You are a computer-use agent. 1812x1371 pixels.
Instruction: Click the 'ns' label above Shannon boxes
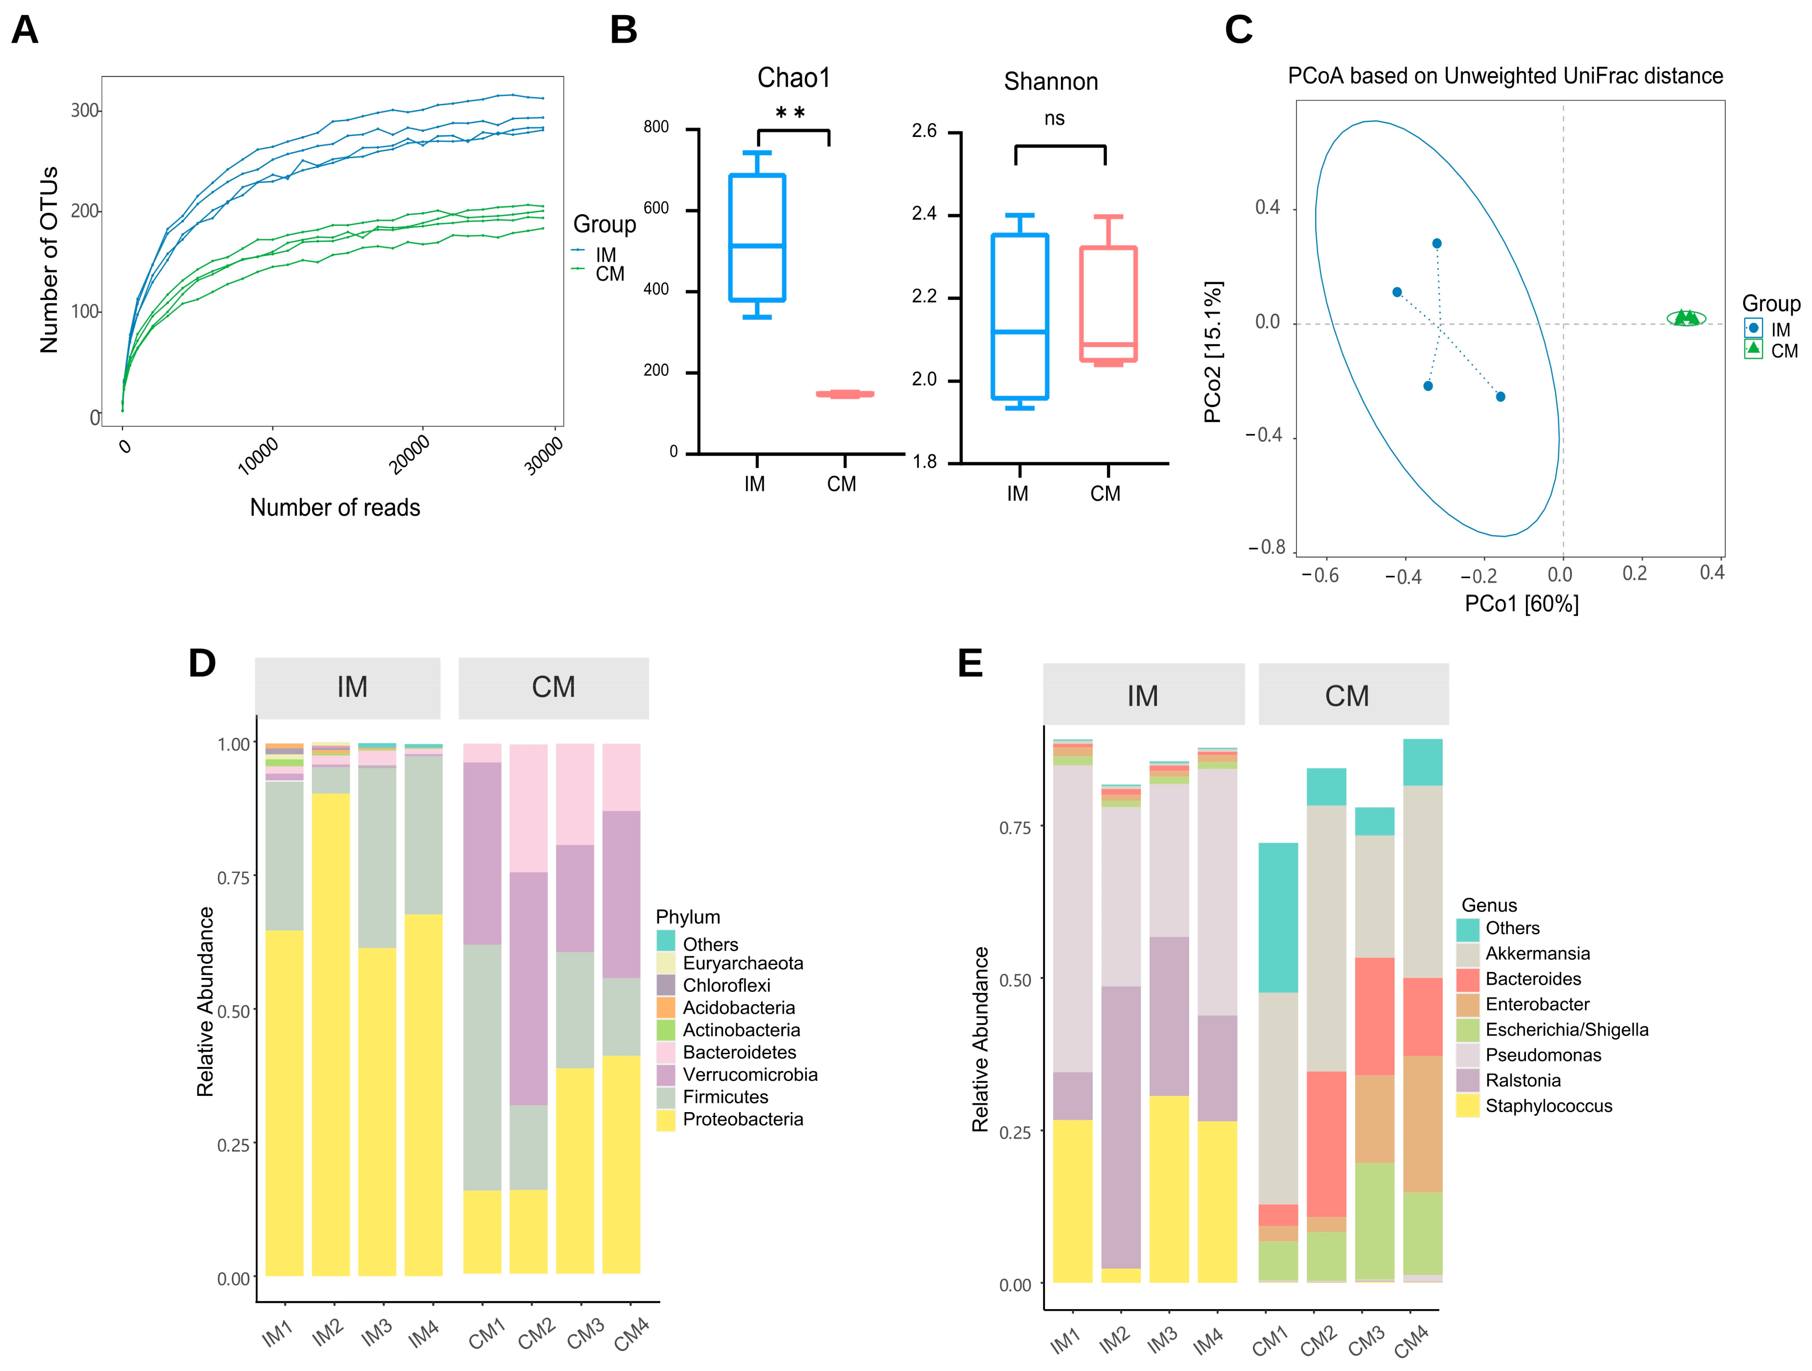point(1054,119)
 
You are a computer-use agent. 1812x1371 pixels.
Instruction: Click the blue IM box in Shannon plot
point(1020,316)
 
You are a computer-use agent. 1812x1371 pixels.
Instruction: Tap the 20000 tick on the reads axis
point(410,455)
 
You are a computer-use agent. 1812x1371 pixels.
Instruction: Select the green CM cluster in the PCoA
point(1686,318)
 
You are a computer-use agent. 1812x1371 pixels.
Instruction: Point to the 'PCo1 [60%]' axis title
point(1521,604)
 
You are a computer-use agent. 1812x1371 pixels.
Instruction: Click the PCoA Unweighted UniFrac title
point(1505,76)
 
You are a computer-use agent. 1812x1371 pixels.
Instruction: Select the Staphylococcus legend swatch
point(1467,1105)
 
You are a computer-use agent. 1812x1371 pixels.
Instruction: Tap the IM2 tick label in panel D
point(328,1333)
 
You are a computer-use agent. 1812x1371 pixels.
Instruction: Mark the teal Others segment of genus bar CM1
point(1278,918)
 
